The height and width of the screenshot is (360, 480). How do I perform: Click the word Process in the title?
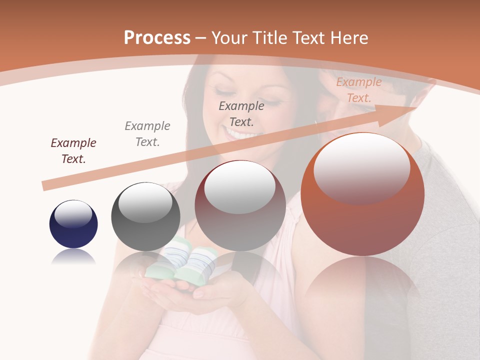pos(157,38)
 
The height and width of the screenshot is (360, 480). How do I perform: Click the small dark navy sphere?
pos(73,224)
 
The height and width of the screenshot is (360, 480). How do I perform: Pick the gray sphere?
pos(145,216)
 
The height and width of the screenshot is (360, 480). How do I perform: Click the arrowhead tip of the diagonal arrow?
pos(416,106)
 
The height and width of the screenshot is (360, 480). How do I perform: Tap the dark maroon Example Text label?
pos(73,150)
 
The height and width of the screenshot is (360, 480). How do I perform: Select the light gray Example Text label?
pos(147,133)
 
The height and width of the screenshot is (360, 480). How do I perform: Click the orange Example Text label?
pos(359,89)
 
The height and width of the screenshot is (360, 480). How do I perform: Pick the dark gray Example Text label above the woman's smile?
pos(241,113)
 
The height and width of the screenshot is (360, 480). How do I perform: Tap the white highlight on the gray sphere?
pos(145,202)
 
